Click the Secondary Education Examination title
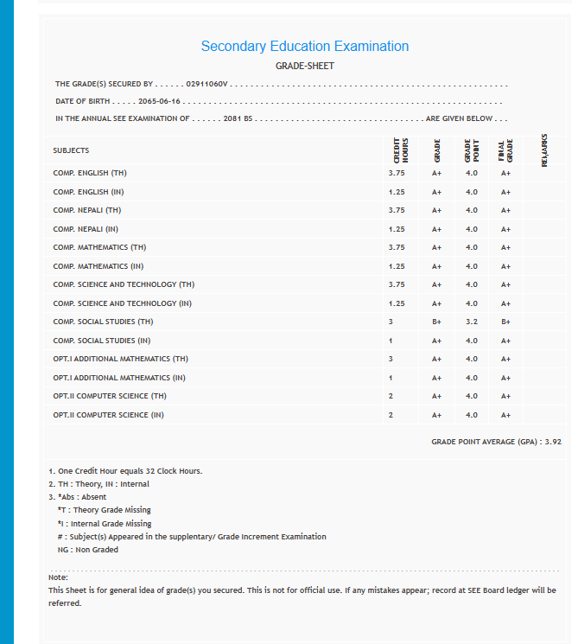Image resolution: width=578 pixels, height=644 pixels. (x=304, y=47)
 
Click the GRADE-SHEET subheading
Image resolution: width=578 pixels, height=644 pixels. (x=304, y=66)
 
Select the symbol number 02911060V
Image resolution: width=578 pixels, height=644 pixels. (x=206, y=85)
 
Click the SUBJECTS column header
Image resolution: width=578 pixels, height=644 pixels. (x=71, y=150)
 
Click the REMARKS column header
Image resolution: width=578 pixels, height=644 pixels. (x=544, y=150)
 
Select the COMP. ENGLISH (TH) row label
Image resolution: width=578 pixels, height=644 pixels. (x=90, y=173)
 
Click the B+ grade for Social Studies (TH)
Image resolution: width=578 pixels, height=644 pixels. (x=437, y=322)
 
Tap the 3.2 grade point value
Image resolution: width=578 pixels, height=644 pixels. (x=471, y=322)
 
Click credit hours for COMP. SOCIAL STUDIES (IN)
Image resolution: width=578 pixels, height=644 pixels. (x=391, y=341)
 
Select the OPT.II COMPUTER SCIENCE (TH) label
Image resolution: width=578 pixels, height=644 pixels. (x=109, y=396)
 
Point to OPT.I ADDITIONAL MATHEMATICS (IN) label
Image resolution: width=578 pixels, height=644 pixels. (x=119, y=378)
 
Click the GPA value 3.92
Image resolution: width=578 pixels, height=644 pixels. (x=553, y=442)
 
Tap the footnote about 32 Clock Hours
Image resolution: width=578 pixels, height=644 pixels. (x=125, y=471)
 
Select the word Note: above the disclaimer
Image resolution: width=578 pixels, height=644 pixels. (x=58, y=577)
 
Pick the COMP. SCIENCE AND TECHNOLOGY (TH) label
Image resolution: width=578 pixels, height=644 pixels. (x=124, y=284)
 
